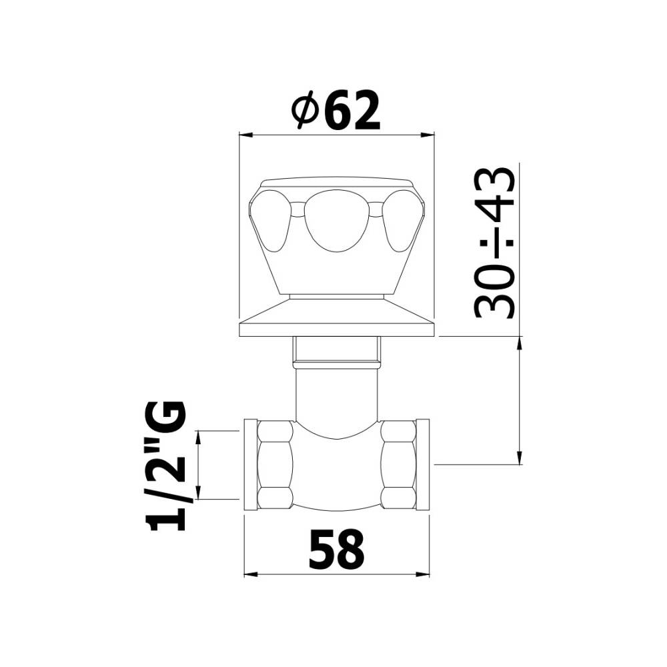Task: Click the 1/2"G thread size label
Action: click(165, 466)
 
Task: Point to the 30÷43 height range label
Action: click(495, 243)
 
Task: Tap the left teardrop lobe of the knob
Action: click(271, 221)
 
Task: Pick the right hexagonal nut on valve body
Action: click(399, 465)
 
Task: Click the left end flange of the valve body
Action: click(250, 464)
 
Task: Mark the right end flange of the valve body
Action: click(423, 464)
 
